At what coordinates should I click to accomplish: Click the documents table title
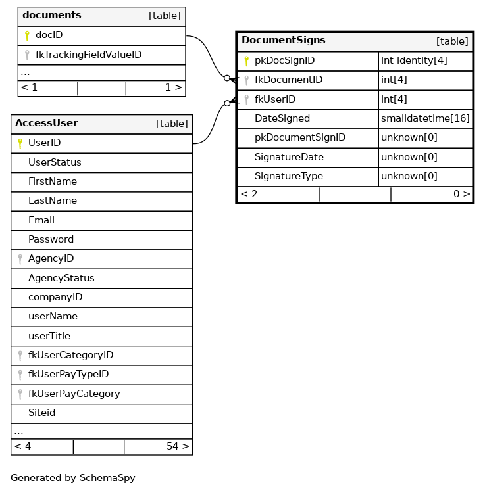tap(52, 15)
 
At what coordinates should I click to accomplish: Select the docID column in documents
tap(49, 35)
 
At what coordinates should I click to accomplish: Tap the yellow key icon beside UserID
tap(20, 143)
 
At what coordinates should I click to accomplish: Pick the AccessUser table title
tap(46, 123)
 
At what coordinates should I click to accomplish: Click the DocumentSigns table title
tap(283, 40)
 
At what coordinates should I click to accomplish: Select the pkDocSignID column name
tap(284, 61)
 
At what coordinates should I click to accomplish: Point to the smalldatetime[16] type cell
tap(425, 119)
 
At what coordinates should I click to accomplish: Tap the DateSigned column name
tap(282, 119)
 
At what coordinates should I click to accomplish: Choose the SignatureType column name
tap(288, 177)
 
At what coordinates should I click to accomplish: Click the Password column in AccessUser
tap(51, 239)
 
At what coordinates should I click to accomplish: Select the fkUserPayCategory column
tap(74, 394)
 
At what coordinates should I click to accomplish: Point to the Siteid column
tap(41, 413)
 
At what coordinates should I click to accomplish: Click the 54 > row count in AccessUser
tap(178, 446)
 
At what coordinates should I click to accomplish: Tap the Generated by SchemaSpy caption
tap(72, 478)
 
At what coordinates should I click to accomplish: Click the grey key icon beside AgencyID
tap(20, 259)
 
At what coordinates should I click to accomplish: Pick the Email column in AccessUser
tap(41, 220)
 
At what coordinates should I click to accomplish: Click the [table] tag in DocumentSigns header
tap(451, 41)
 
